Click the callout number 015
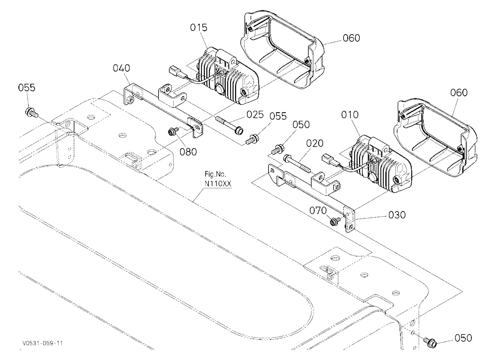pos(199,28)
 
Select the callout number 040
pos(122,68)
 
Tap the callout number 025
pos(255,115)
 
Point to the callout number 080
pos(188,152)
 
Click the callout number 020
pos(315,144)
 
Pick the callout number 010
pos(350,115)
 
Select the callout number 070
pos(318,211)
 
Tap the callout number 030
pos(397,215)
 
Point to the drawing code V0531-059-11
pos(42,343)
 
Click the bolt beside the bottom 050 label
pos(430,341)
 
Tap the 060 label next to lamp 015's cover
pos(351,38)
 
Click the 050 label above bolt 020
pos(301,124)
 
